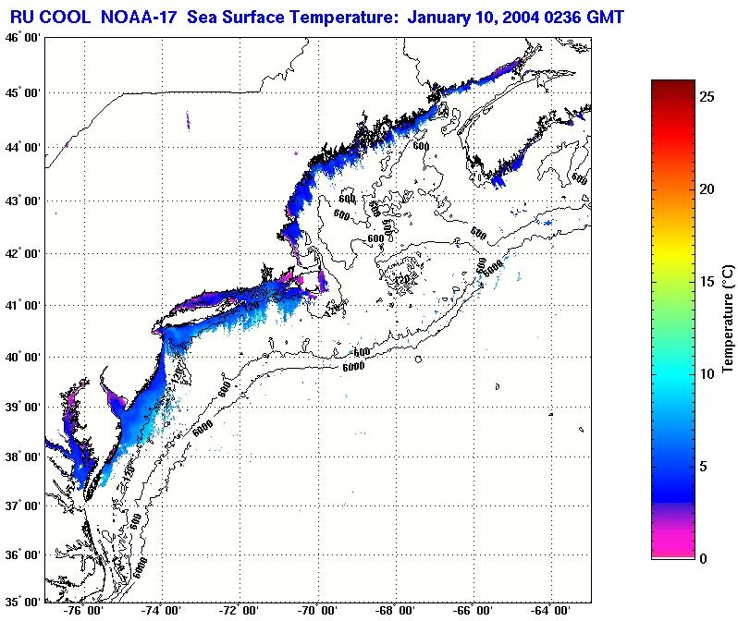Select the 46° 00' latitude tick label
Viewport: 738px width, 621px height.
pos(21,38)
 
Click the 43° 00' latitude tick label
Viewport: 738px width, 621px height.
pos(21,201)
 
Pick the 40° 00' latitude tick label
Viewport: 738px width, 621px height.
pos(21,357)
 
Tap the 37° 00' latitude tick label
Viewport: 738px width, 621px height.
pos(21,506)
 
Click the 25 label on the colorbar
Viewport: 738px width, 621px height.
pos(706,96)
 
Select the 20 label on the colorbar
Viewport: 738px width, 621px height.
pos(706,189)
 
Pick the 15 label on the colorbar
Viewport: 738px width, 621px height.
pos(706,282)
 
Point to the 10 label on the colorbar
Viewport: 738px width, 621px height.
pos(706,374)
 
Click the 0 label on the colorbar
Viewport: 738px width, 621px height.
pos(702,559)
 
